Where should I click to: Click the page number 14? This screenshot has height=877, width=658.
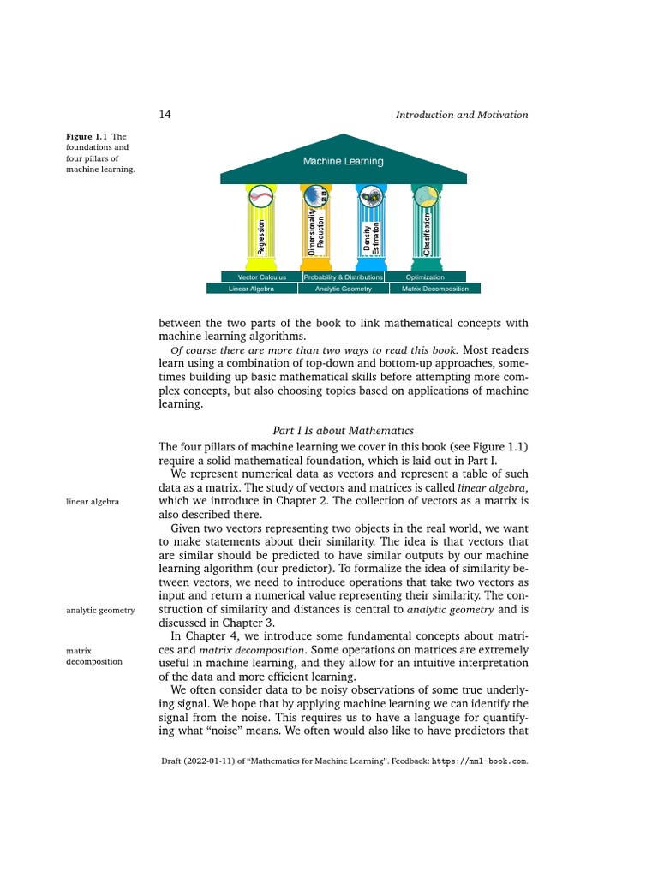[166, 115]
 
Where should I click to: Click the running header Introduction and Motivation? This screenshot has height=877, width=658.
[462, 115]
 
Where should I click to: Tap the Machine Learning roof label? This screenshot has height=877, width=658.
[343, 161]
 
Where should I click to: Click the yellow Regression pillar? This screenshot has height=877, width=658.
[261, 227]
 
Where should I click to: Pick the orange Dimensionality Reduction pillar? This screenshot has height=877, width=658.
[316, 227]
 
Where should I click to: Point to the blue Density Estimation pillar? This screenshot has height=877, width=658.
[371, 227]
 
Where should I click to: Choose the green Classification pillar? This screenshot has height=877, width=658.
[426, 227]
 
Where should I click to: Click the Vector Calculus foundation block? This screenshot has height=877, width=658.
[254, 277]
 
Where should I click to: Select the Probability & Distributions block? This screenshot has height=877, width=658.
[343, 277]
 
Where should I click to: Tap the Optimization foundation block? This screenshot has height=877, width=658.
[425, 277]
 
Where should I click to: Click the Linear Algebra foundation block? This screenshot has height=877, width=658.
[251, 289]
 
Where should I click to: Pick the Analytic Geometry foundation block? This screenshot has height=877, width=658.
[344, 289]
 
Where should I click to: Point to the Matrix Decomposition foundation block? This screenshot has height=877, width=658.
[435, 289]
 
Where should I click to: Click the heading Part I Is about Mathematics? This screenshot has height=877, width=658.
[343, 431]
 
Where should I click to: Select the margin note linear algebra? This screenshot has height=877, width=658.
[93, 501]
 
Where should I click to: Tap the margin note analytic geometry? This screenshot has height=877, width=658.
[100, 610]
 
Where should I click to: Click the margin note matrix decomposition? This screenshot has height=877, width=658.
[93, 656]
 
